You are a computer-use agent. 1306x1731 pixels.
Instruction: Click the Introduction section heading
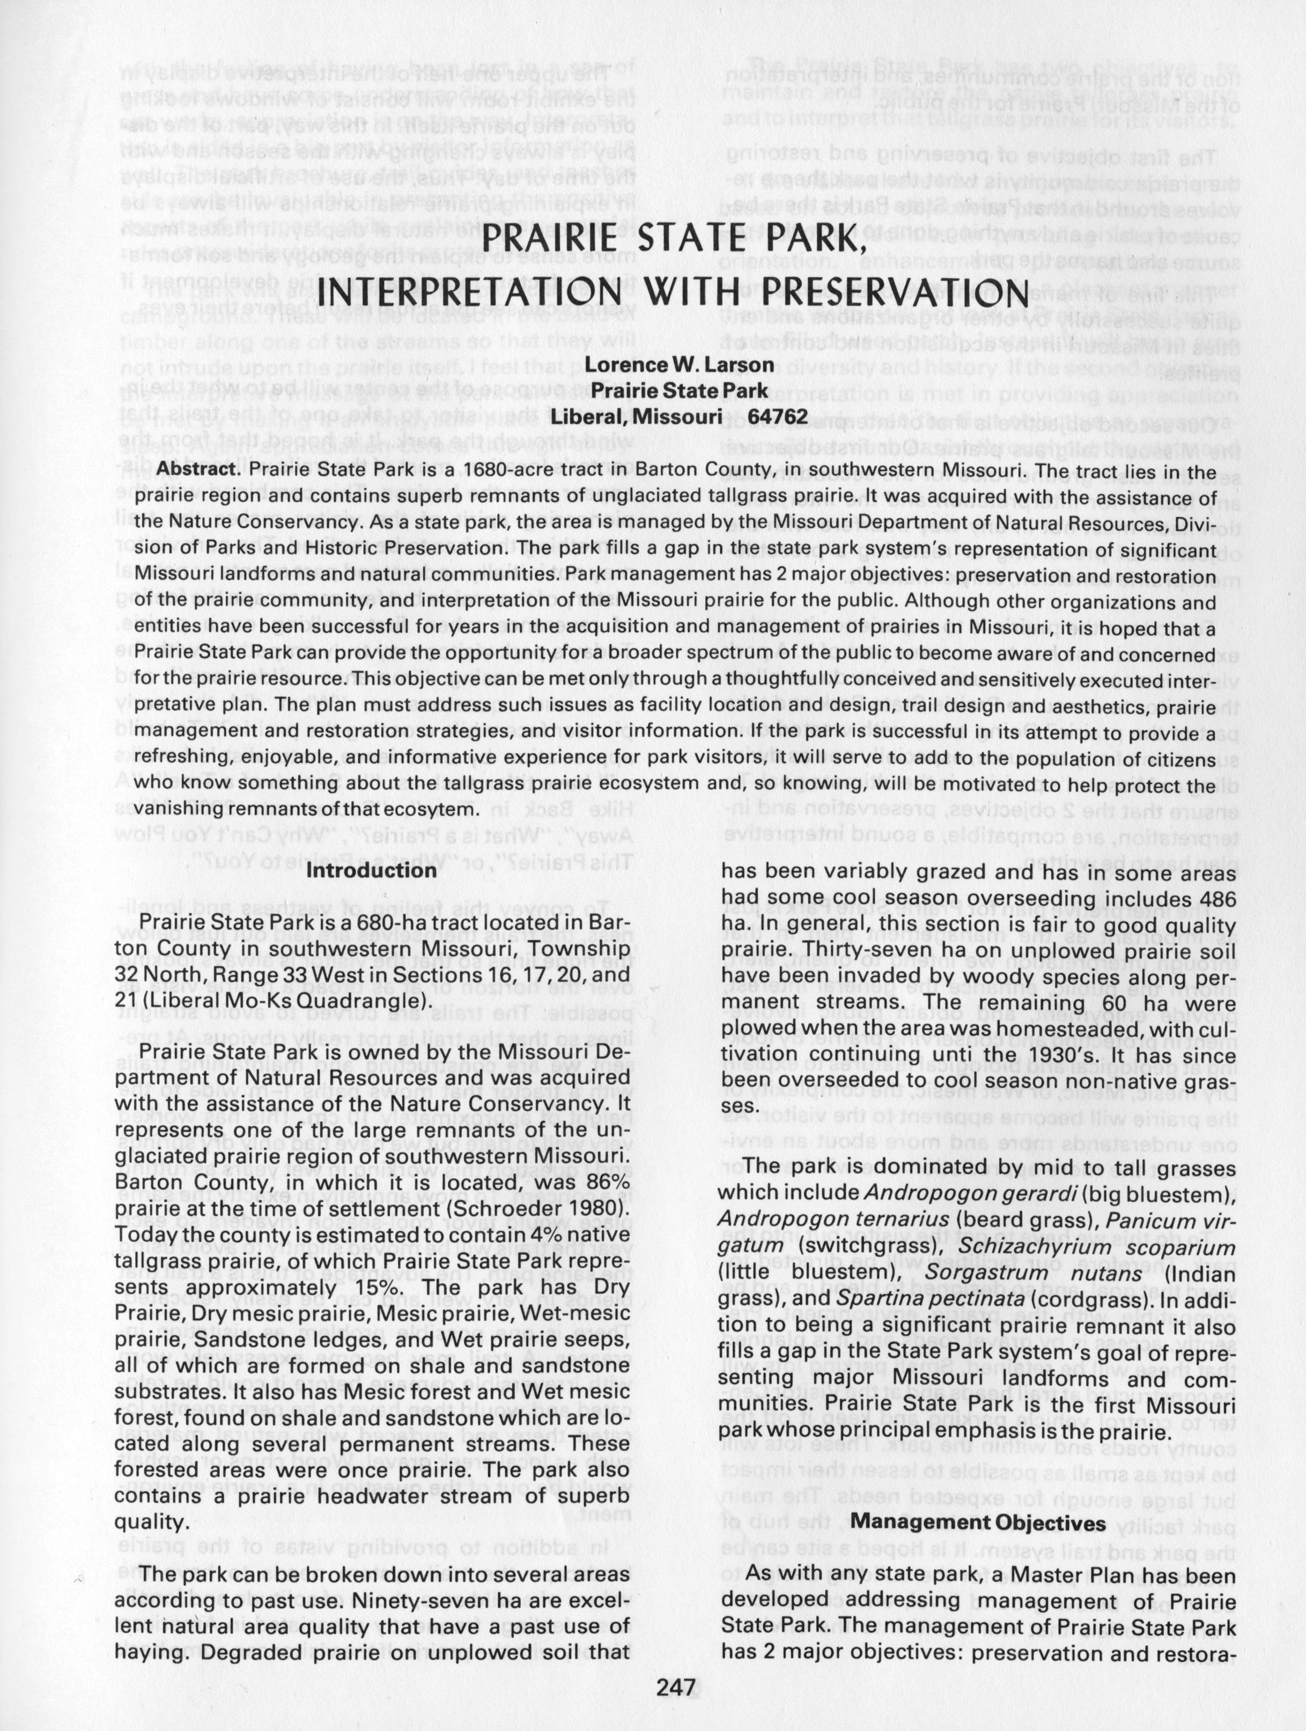tap(371, 869)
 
